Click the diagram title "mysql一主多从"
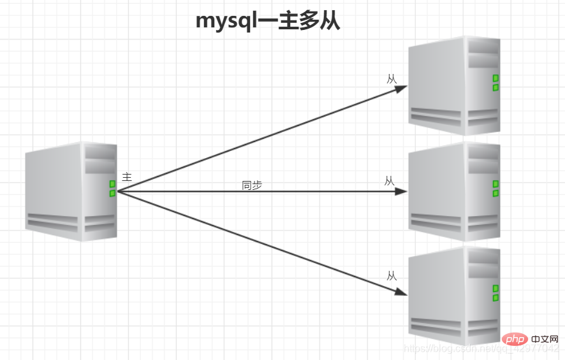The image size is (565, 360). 268,20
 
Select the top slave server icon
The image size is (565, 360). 454,85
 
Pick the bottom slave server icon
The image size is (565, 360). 454,296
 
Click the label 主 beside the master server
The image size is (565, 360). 127,176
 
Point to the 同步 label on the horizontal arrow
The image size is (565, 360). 252,185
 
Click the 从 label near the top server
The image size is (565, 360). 392,79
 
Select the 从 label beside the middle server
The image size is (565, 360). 390,181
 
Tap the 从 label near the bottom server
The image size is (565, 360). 392,276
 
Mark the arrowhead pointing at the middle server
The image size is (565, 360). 401,191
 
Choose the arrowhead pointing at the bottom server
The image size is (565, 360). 401,292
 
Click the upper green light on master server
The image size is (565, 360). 112,184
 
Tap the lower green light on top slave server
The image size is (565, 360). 495,87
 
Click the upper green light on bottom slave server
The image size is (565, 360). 495,289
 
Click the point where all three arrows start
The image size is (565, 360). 119,191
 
